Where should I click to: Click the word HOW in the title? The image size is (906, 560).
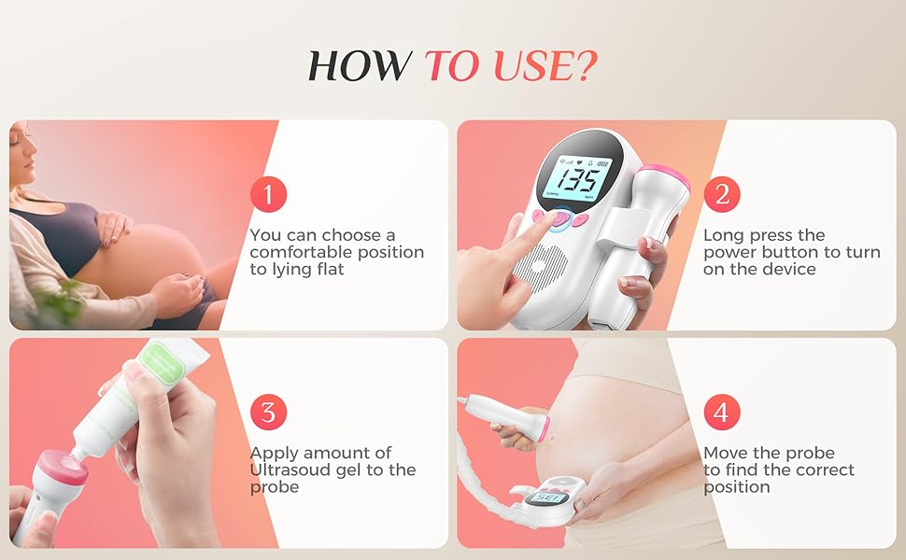pos(360,65)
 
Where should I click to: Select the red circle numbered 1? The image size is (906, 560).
pos(268,194)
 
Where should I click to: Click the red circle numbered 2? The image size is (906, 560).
pos(722,194)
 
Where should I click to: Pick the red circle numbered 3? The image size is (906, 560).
pos(268,413)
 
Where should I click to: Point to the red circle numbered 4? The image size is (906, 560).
pos(722,413)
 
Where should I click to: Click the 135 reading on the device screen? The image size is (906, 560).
pos(579,181)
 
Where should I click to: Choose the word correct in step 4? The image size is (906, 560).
pos(824,470)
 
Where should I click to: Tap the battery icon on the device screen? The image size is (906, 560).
pos(603,163)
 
